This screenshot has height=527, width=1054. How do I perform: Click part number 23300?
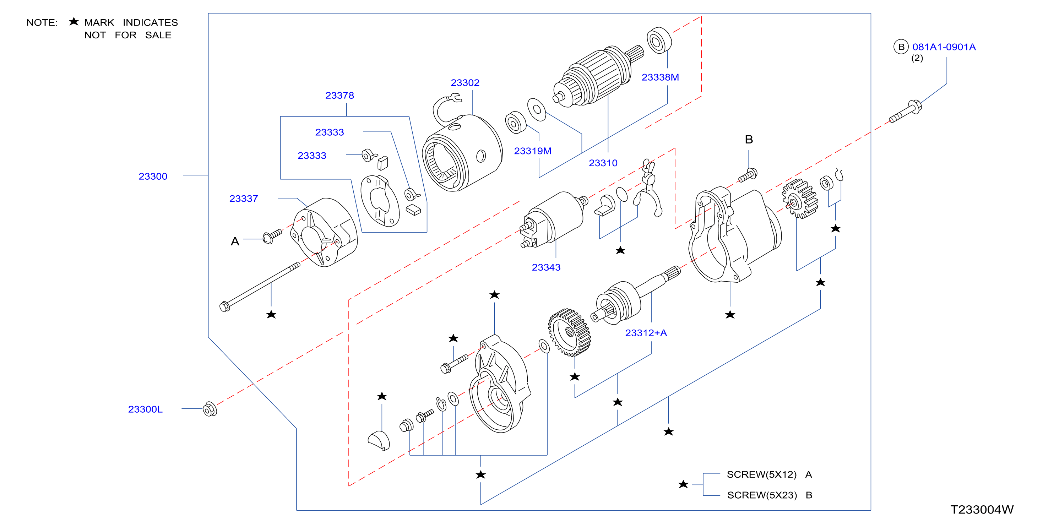coord(153,176)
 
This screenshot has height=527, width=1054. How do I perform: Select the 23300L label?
coord(145,409)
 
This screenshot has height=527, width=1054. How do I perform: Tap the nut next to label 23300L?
coord(210,409)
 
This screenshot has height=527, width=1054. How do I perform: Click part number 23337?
coord(244,199)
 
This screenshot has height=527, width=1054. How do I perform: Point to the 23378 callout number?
coord(339,95)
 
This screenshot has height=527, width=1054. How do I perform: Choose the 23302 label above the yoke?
coord(465,83)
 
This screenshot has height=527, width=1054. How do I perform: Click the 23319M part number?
coord(532,151)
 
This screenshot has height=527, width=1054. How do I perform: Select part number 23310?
coord(603,163)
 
